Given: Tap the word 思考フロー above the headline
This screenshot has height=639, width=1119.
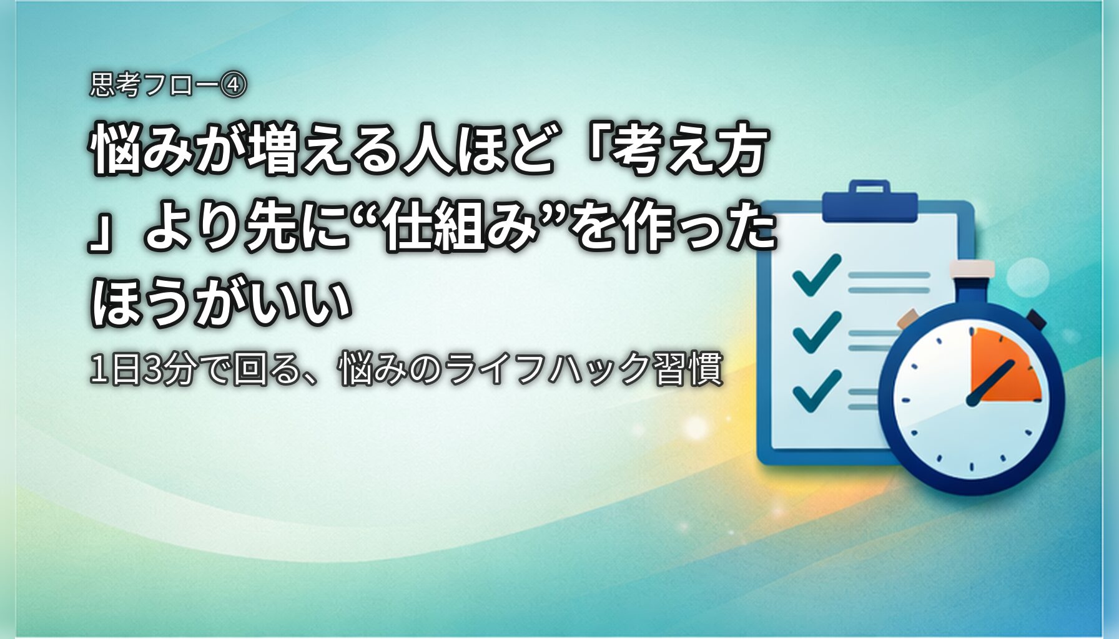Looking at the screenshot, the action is tap(154, 85).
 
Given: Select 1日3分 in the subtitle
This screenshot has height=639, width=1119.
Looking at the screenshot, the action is tap(143, 369).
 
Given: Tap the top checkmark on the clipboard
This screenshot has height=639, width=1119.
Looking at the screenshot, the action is tap(816, 275).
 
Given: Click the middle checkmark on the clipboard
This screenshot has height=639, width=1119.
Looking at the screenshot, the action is tap(816, 332).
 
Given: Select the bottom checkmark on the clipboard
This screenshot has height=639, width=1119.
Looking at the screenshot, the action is tap(816, 391).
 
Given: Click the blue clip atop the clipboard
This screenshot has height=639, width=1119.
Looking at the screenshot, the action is tap(869, 202).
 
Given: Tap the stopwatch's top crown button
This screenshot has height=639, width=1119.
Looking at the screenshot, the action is tap(972, 270).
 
